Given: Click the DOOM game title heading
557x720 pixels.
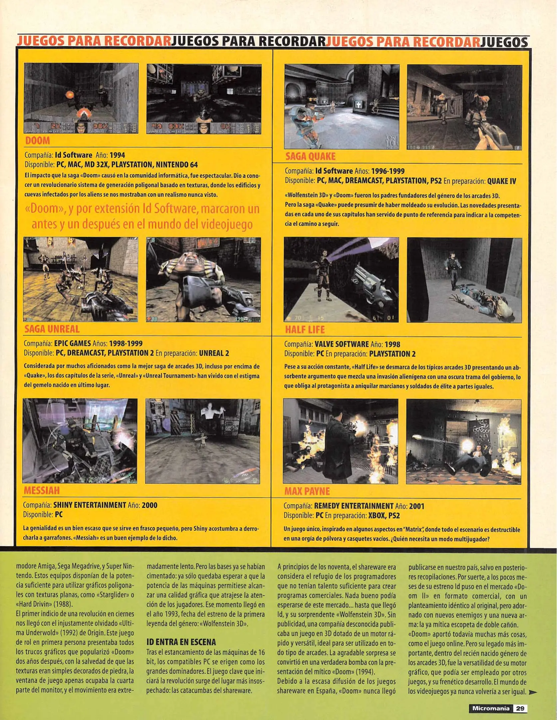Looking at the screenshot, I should tap(37, 141).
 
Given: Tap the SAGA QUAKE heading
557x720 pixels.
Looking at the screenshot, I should tap(310, 156).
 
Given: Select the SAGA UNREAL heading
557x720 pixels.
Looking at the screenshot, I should tap(52, 329).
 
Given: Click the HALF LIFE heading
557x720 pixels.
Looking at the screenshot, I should tap(305, 330).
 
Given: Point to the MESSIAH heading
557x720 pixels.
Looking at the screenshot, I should tap(42, 490).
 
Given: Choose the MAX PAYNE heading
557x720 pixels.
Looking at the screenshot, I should tap(307, 491).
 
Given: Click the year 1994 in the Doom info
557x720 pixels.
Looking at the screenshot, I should tap(117, 155).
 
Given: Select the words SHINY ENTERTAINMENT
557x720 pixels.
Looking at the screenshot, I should tap(90, 505).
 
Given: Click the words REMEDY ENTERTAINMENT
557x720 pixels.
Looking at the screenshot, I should tap(354, 506).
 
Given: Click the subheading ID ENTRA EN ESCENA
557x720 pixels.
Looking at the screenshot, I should tap(181, 642).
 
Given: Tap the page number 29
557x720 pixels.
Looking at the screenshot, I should tap(520, 708).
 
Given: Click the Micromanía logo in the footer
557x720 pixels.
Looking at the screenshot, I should tap(490, 708).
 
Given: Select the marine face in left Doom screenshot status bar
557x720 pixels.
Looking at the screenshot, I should tap(81, 128).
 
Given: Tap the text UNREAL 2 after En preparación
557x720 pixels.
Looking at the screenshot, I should tap(214, 353).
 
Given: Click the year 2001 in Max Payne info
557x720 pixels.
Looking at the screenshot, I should tap(417, 506).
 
